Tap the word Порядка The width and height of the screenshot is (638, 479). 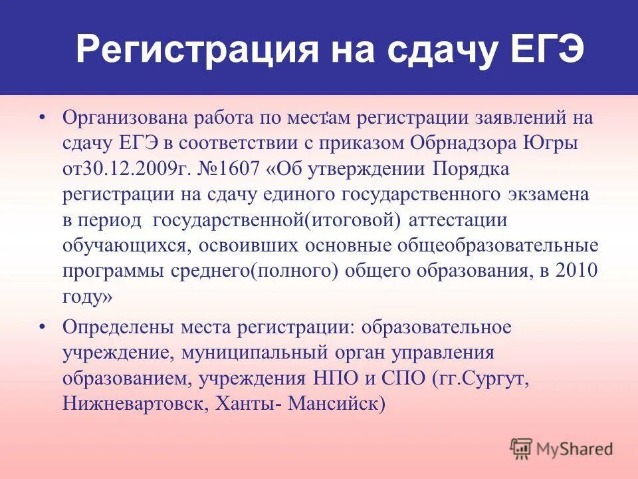[471, 168]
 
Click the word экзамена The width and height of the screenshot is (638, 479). [548, 194]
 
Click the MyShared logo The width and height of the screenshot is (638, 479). [562, 449]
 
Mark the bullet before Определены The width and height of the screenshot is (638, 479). [43, 327]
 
